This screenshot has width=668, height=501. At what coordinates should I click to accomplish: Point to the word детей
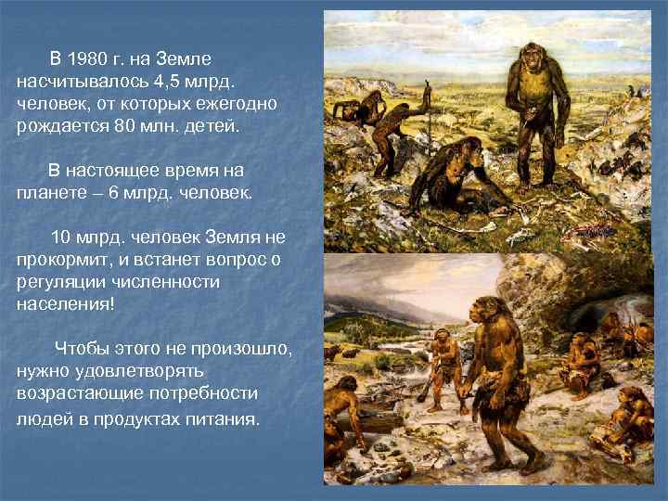212,123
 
